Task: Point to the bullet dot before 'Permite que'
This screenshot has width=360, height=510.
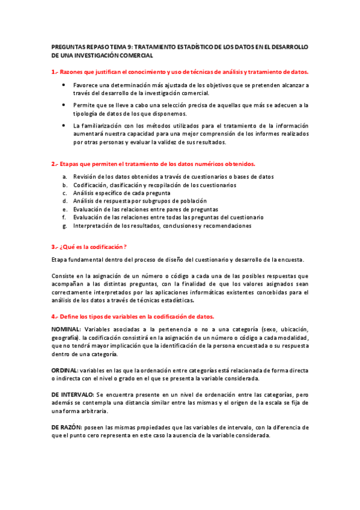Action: click(64, 105)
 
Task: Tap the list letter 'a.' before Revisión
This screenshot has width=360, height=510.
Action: click(64, 177)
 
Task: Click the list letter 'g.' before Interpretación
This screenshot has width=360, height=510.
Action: click(64, 226)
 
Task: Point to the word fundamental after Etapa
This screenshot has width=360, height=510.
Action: click(86, 260)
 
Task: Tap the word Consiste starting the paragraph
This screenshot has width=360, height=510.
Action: click(63, 276)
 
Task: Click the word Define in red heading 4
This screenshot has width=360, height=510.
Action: click(71, 316)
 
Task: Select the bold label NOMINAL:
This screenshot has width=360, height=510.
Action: click(66, 330)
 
